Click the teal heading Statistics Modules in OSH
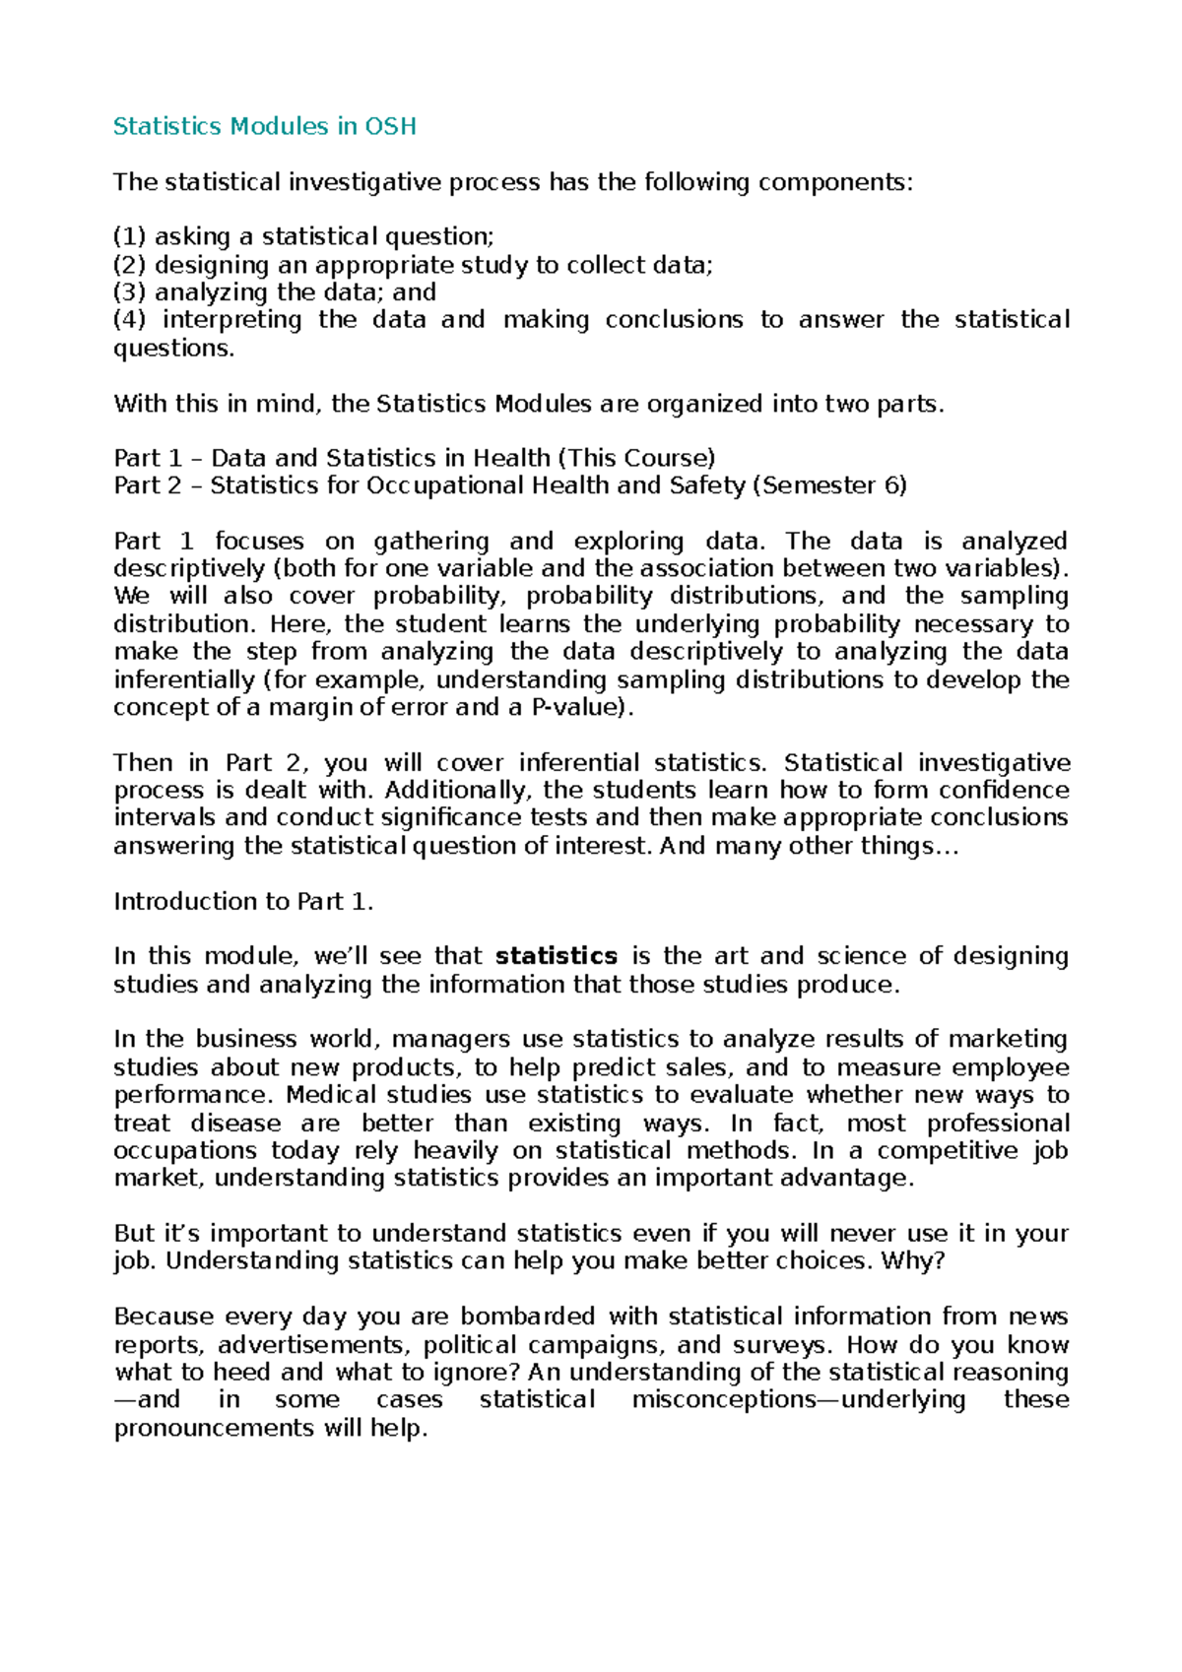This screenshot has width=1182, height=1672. point(264,126)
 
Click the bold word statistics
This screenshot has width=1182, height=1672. point(556,956)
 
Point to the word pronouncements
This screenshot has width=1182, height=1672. point(214,1428)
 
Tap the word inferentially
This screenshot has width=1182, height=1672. point(184,679)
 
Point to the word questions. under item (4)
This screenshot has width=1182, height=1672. point(174,349)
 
